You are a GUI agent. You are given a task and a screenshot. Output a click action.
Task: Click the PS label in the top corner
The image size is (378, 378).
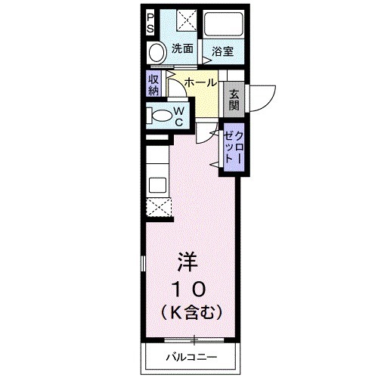click(x=150, y=20)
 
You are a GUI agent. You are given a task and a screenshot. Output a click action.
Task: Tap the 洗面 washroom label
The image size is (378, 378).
click(x=181, y=49)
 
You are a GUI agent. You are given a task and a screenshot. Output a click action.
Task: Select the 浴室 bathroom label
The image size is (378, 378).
click(x=222, y=51)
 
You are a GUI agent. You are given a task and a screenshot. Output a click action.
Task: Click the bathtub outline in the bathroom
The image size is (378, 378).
click(x=222, y=25)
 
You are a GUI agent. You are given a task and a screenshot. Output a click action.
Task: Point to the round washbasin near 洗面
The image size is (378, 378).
click(x=156, y=53)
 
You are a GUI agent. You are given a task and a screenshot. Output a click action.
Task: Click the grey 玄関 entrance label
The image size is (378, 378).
click(x=234, y=99)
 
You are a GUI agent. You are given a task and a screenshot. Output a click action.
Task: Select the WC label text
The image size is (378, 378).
click(x=179, y=116)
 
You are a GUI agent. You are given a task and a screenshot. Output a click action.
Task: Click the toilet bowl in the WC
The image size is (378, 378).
click(x=160, y=116)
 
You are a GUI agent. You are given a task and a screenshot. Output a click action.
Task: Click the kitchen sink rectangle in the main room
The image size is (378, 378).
click(x=158, y=184)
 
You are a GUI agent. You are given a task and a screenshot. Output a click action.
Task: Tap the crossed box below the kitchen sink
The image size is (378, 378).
click(x=160, y=207)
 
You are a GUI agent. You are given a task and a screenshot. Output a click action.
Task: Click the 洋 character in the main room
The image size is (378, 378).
click(x=188, y=262)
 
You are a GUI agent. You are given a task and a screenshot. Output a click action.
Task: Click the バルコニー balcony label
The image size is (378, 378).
click(x=191, y=357)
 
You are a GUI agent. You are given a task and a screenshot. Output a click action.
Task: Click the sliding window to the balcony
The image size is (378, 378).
click(x=193, y=337)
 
